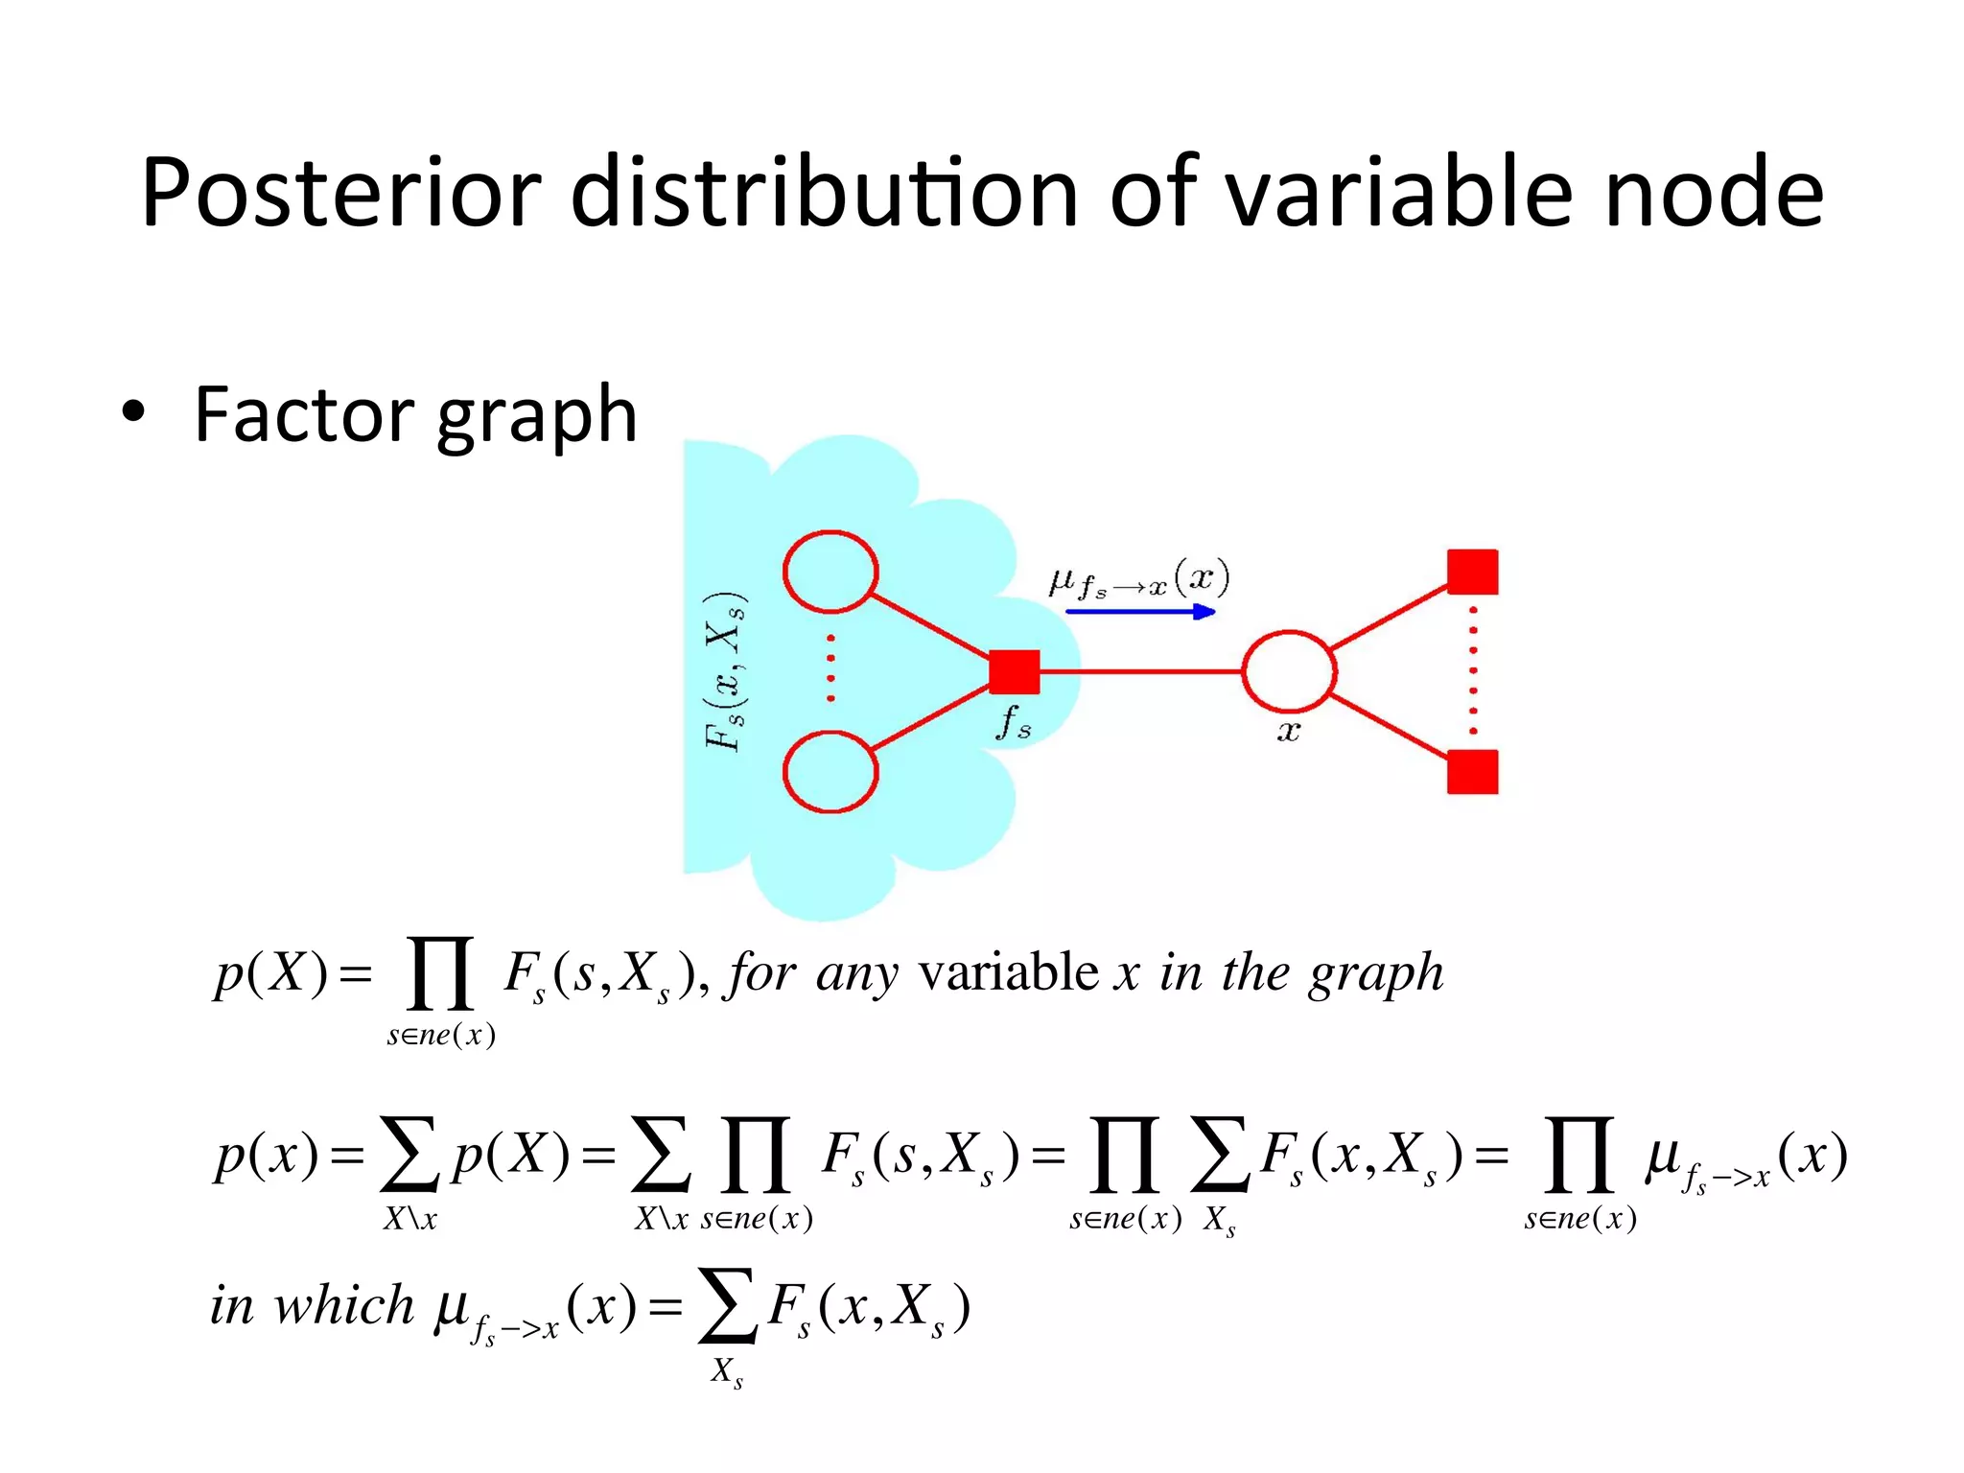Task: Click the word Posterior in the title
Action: [341, 193]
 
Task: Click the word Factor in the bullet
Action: [303, 414]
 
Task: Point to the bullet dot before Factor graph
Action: [133, 412]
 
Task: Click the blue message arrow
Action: [1140, 611]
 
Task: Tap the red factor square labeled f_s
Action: [1014, 671]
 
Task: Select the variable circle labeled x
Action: [1288, 671]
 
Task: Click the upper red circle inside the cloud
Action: [830, 572]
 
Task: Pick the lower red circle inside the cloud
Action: [830, 772]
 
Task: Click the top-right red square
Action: [1472, 573]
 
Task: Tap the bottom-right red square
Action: [1472, 772]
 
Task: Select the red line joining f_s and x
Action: [1141, 671]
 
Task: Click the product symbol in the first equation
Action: [440, 973]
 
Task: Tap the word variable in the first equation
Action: [1008, 973]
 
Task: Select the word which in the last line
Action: [343, 1305]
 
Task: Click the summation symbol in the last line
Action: [727, 1305]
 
